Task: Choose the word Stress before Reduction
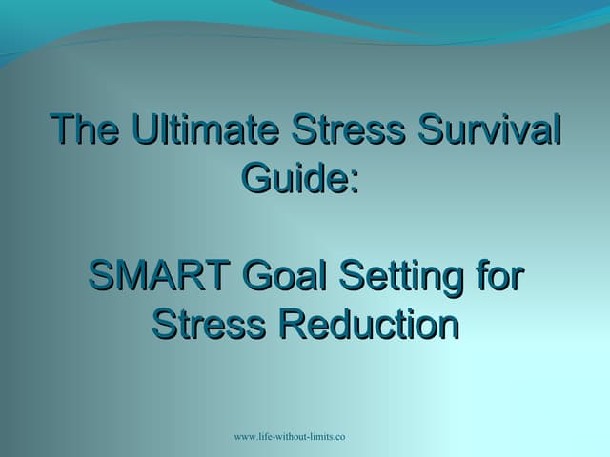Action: (x=210, y=324)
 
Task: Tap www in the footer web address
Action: (x=245, y=437)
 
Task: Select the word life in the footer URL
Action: (x=270, y=436)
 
